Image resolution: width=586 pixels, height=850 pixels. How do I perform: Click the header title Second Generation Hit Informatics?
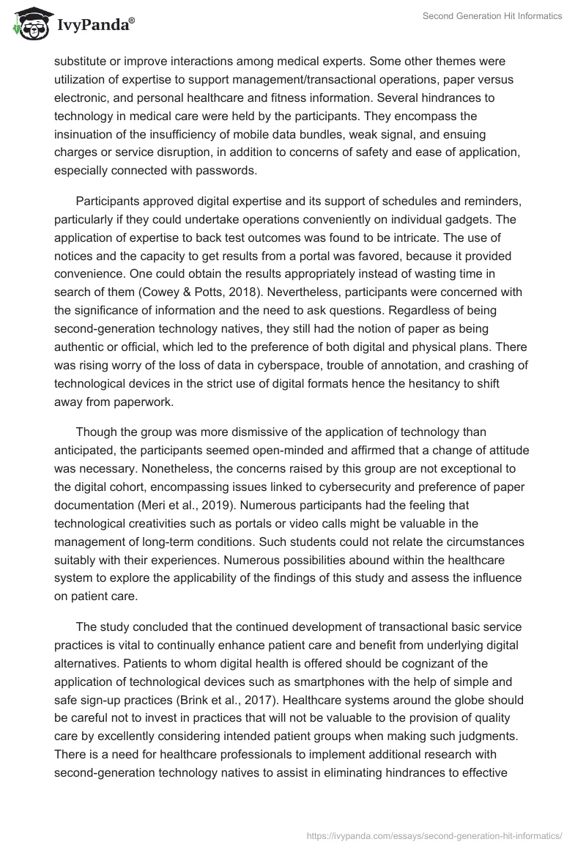click(x=493, y=17)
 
